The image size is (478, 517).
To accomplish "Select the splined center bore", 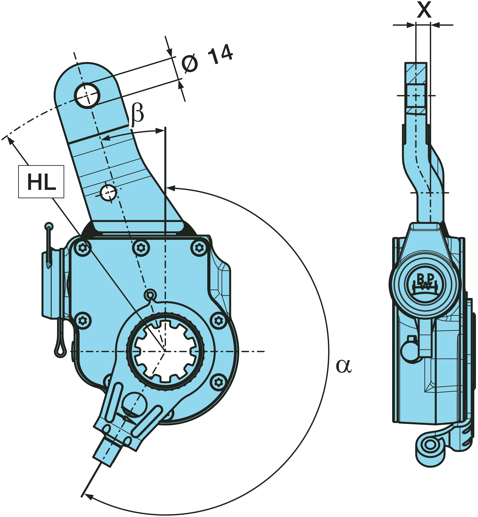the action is [x=166, y=351].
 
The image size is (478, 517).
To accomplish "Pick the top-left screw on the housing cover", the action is [x=82, y=248].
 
